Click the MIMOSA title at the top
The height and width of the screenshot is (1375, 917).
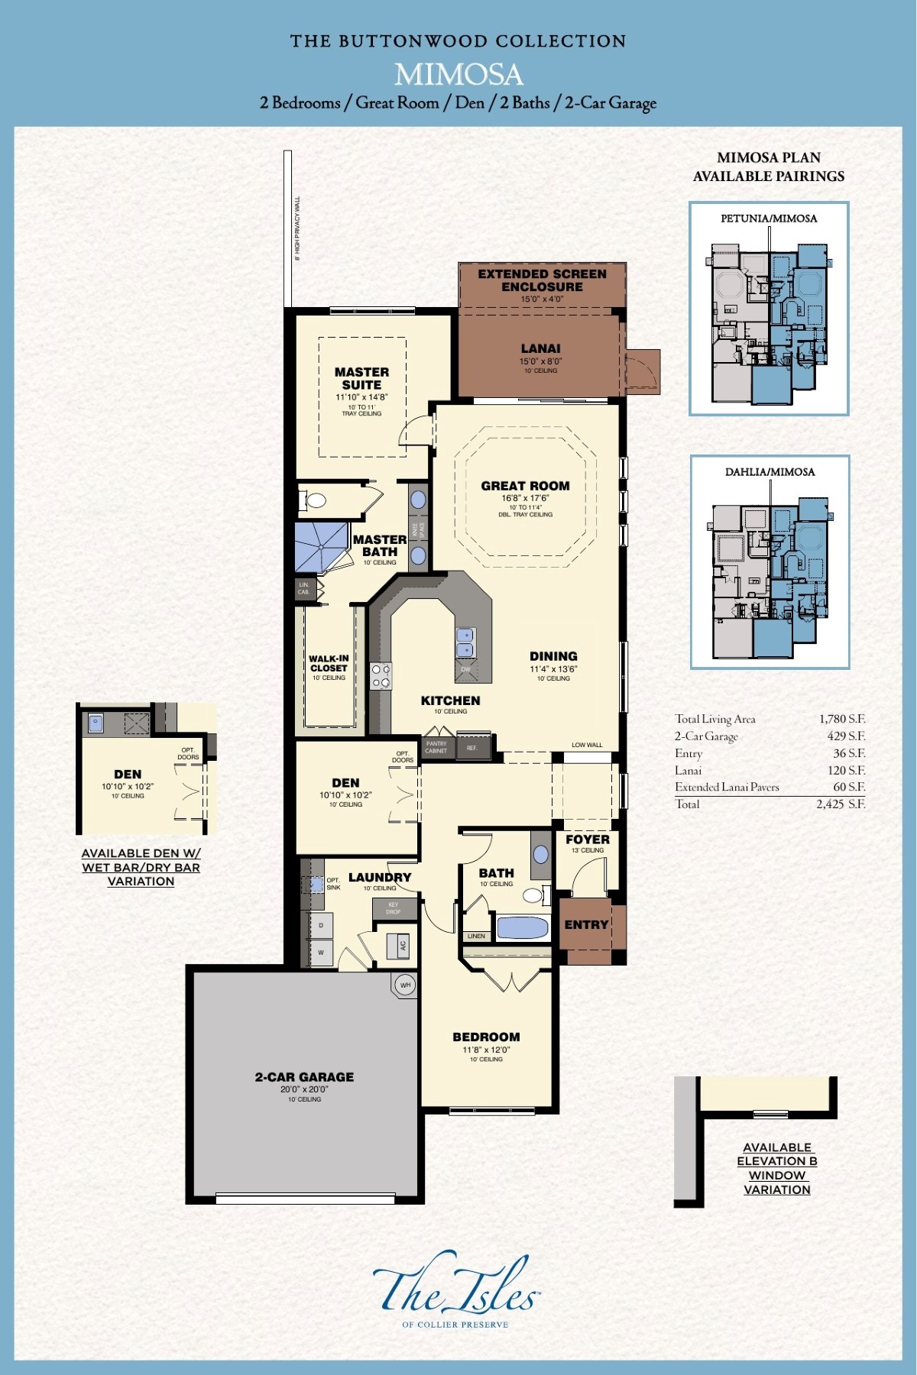(458, 74)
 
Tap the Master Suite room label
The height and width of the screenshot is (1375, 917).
(361, 379)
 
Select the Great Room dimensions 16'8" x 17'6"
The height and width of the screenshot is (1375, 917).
(525, 498)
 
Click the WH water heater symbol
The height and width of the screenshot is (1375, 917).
(405, 985)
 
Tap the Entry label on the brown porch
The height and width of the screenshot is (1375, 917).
(586, 925)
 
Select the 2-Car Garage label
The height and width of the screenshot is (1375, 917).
(304, 1077)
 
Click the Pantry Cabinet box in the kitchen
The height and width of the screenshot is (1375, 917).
(436, 747)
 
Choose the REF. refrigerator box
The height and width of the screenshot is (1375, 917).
(472, 748)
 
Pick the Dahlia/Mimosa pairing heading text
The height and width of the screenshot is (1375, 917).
(770, 472)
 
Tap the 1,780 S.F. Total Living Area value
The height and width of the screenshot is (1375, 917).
(842, 719)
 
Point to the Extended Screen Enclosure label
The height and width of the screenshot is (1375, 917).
(542, 280)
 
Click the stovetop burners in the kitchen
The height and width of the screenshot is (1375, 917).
(381, 675)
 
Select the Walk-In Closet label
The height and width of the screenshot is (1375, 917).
(329, 663)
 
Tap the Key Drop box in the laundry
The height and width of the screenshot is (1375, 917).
(394, 908)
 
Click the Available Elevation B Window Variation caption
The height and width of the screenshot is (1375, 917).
(776, 1168)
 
